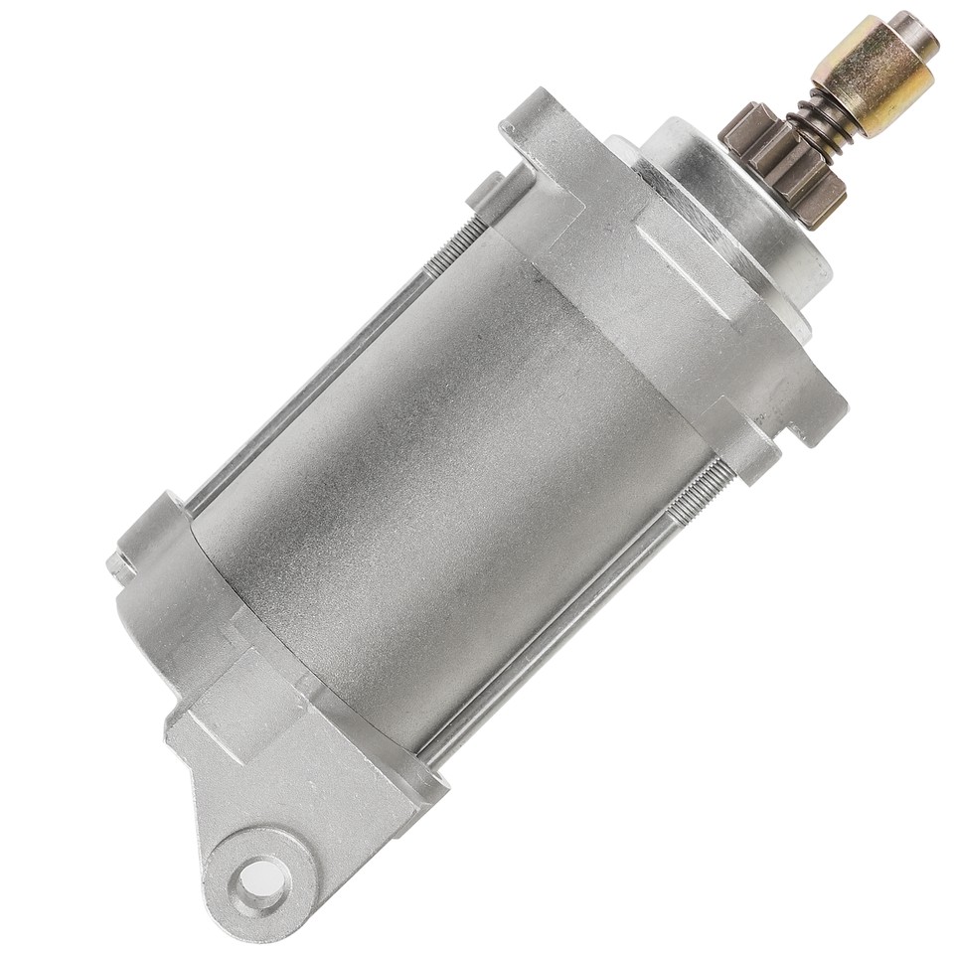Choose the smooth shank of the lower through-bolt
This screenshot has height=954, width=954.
(x=556, y=636)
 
